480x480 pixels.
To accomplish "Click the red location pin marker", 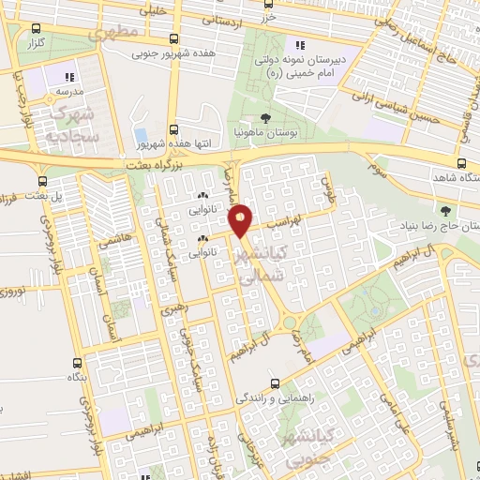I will [x=241, y=220].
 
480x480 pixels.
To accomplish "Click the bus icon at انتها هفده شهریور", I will [x=173, y=130].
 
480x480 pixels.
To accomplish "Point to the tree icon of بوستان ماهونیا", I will [x=265, y=119].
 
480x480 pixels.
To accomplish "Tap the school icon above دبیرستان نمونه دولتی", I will [x=300, y=45].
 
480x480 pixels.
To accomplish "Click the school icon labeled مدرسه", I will [x=67, y=78].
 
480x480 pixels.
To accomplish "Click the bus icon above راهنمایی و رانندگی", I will [x=274, y=382].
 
